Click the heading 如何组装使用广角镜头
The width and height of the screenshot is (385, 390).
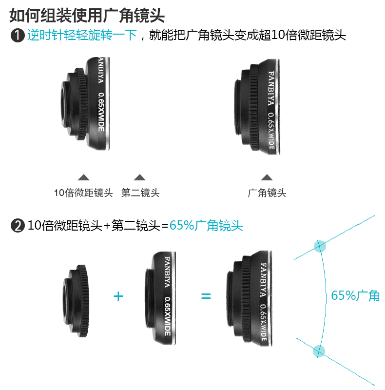pos(87,16)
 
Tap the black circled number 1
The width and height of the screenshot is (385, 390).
pos(18,35)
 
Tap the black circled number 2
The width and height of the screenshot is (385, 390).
pos(18,226)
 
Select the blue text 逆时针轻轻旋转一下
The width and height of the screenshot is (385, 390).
pos(82,35)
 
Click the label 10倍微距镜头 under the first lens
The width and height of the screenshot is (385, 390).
pos(83,193)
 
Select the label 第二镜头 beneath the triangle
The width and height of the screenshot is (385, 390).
pos(140,193)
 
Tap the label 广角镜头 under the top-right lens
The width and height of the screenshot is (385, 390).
pos(267,193)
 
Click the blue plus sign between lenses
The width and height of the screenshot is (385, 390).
pos(118,296)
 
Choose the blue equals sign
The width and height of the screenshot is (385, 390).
pos(206,296)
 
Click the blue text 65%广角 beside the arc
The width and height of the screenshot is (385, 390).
pos(355,295)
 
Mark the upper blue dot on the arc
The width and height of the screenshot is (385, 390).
pos(320,246)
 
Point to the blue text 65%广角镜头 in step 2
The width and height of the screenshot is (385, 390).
pos(206,226)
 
